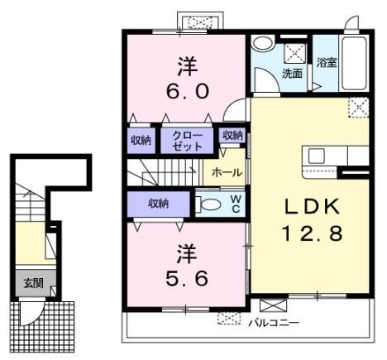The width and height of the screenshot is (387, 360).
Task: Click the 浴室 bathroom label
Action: pos(327,63)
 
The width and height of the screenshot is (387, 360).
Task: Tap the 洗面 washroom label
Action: pos(292,74)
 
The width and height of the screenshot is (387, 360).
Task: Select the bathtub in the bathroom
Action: pos(355,63)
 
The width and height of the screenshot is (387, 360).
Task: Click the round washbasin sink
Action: pos(262,44)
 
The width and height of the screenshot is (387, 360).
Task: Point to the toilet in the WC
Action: pos(208,204)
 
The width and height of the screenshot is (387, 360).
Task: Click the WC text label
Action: pos(236,204)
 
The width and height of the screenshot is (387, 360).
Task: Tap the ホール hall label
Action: pos(227,173)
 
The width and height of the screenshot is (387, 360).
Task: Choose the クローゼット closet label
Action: pos(187,141)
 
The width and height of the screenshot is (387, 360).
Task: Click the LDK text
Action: pos(312,206)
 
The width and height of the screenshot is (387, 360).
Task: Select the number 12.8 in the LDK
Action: pos(312,233)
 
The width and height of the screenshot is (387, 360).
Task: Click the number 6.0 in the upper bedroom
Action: pos(187,91)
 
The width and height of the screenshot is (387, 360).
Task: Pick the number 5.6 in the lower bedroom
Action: pos(187,278)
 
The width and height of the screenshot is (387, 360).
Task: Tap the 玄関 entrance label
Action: pos(33,283)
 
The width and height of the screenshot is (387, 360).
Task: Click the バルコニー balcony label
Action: pos(274,323)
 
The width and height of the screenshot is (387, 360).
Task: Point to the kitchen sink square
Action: pos(316,156)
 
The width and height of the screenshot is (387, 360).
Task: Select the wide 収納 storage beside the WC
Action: pos(159,204)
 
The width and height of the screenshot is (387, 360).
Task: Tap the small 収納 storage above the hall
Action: pos(233,136)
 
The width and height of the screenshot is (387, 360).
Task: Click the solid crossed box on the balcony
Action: pos(274,305)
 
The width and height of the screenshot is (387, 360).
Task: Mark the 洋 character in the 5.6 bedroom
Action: pos(187,253)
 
